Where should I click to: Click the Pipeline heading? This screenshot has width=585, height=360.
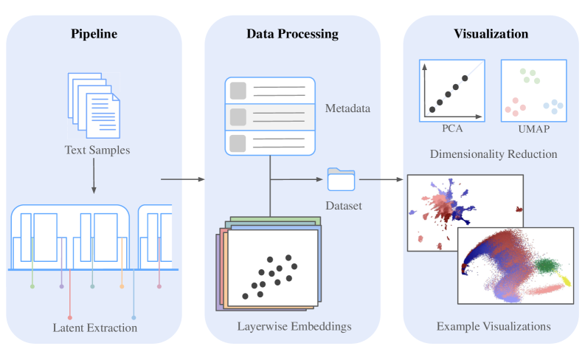94,34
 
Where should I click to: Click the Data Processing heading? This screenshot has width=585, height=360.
292,34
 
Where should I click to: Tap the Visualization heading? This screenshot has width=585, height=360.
492,34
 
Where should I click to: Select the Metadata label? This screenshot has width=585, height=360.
347,109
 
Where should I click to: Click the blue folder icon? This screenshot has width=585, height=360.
342,179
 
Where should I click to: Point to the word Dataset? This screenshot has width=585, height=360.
344,206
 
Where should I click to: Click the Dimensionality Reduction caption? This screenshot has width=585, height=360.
494,154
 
